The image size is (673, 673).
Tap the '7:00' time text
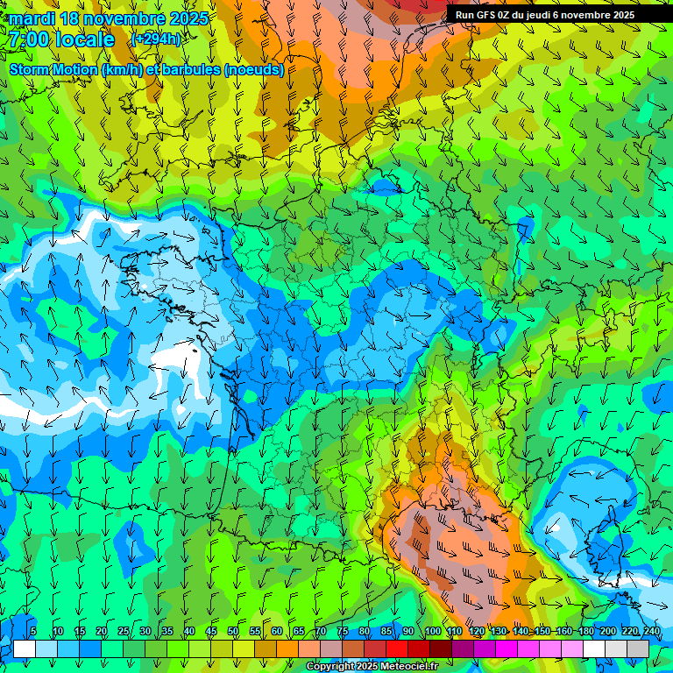point(29,39)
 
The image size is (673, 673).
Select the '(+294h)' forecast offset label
point(156,39)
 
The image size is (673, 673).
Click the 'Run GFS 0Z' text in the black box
point(486,15)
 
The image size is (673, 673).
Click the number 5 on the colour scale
point(33,631)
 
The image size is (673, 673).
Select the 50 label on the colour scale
point(233,631)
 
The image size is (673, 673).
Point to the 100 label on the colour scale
point(432,631)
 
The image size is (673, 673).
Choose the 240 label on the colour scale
point(651,631)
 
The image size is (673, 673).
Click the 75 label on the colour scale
point(343,631)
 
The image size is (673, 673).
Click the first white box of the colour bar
point(24,648)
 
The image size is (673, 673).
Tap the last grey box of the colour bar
point(638,648)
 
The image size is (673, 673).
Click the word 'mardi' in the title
point(32,18)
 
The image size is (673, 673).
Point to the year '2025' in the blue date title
point(188,18)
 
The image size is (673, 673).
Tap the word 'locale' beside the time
point(84,39)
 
